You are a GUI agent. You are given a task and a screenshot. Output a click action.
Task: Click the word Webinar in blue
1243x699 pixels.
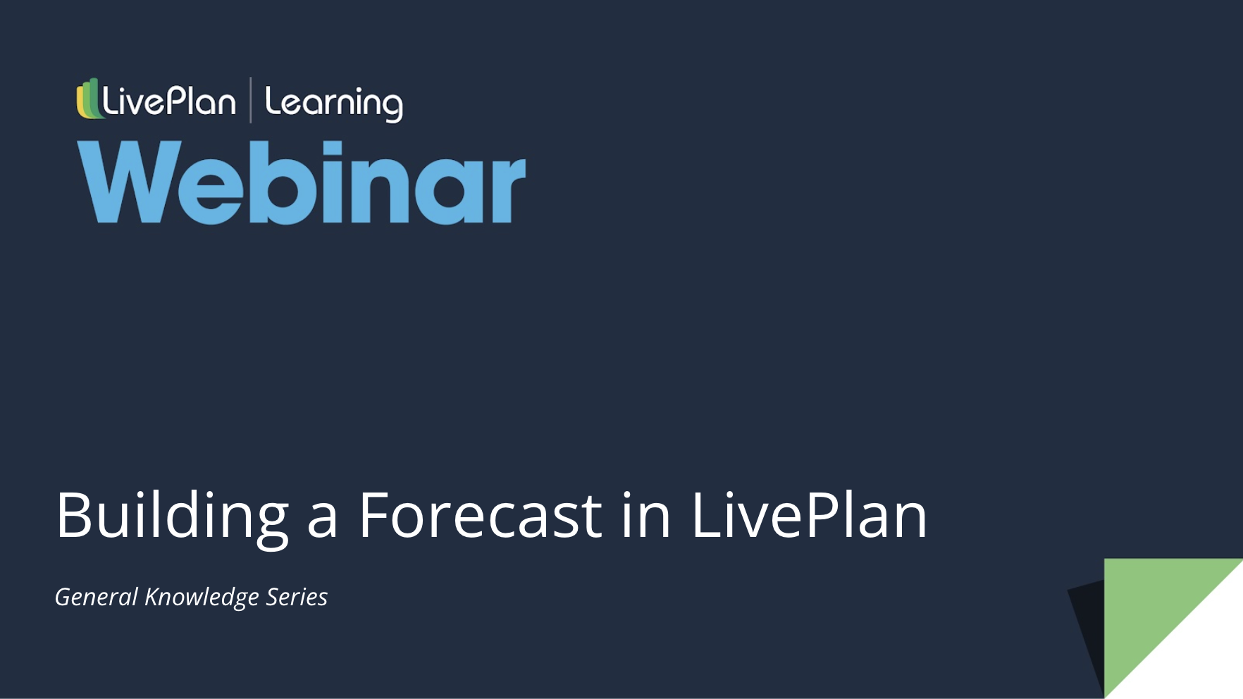[302, 183]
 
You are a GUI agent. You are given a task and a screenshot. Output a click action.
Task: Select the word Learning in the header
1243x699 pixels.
[333, 103]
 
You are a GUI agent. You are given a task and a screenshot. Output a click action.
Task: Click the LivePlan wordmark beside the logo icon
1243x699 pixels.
[169, 101]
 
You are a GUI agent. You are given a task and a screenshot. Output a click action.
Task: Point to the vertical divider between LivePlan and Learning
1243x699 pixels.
[251, 100]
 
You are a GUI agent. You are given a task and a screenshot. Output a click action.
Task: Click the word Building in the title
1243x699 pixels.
[172, 516]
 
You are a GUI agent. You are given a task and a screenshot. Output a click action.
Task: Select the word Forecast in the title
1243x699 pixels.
[480, 516]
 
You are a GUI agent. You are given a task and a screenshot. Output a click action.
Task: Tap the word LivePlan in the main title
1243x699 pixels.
[808, 516]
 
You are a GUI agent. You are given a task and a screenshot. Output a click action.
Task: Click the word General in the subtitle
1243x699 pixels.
[97, 597]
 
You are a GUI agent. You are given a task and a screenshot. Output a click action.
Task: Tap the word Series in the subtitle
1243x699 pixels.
[297, 597]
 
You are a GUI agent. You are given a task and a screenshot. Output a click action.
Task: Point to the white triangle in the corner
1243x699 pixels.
[1205, 662]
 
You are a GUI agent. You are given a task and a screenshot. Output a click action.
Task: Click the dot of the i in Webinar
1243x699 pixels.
[332, 149]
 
